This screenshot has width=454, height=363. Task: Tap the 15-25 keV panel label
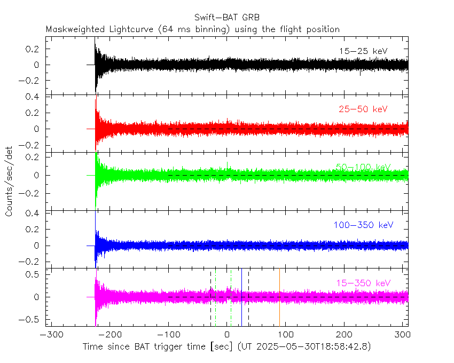(363, 51)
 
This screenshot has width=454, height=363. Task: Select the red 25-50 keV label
(363, 109)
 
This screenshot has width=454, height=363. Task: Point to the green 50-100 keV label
(363, 167)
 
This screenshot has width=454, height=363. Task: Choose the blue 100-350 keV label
(363, 225)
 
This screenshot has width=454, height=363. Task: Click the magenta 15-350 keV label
(363, 282)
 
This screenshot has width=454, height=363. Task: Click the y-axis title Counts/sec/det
(10, 181)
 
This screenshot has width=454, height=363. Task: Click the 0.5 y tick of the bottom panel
(35, 274)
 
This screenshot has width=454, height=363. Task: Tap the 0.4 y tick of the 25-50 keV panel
(35, 97)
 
